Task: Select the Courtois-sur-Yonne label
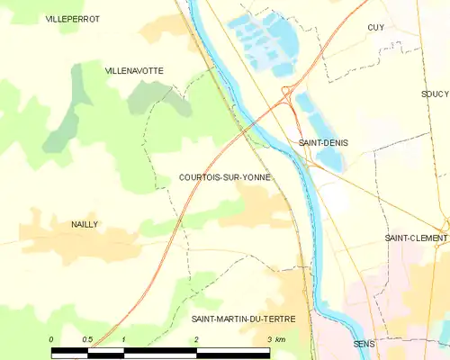(224, 178)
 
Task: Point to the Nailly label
(85, 224)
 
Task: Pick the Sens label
(364, 344)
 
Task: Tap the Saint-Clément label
(416, 238)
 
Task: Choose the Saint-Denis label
(323, 143)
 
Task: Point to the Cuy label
(376, 28)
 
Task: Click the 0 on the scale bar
(51, 339)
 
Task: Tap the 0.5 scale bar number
(87, 339)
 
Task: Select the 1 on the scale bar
(123, 339)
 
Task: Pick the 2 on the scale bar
(196, 339)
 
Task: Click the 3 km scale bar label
(275, 339)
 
